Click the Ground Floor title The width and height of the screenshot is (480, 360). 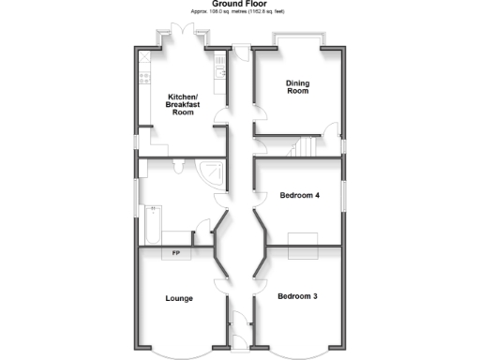[x=239, y=5]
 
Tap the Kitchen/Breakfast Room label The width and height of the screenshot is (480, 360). [x=181, y=104]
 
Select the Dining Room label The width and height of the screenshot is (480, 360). [x=297, y=86]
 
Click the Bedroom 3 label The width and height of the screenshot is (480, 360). [x=297, y=296]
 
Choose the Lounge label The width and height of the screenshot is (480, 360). [x=179, y=299]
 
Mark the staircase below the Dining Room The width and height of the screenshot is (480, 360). [x=305, y=148]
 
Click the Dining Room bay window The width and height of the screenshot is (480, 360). [x=297, y=39]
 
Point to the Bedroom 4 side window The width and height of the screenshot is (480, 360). [x=344, y=197]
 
